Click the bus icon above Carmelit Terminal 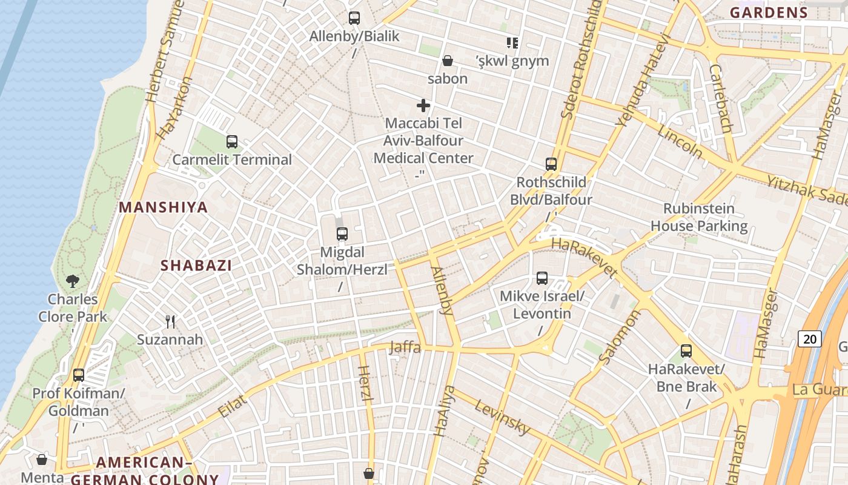coord(231,142)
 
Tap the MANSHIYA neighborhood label coord(163,207)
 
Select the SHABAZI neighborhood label coord(196,266)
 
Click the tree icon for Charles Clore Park coord(73,281)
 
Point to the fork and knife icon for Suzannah coord(170,321)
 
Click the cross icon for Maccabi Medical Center coord(423,106)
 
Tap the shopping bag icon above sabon coord(448,61)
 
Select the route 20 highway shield coord(810,339)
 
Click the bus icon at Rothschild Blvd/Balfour coord(551,164)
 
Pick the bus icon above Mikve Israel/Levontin coord(542,278)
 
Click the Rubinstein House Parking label coord(699,217)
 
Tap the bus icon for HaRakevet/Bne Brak coord(686,351)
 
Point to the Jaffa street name coord(405,347)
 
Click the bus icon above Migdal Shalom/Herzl coord(342,234)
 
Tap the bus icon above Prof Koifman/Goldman coord(78,375)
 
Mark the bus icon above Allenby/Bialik coord(354,18)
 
